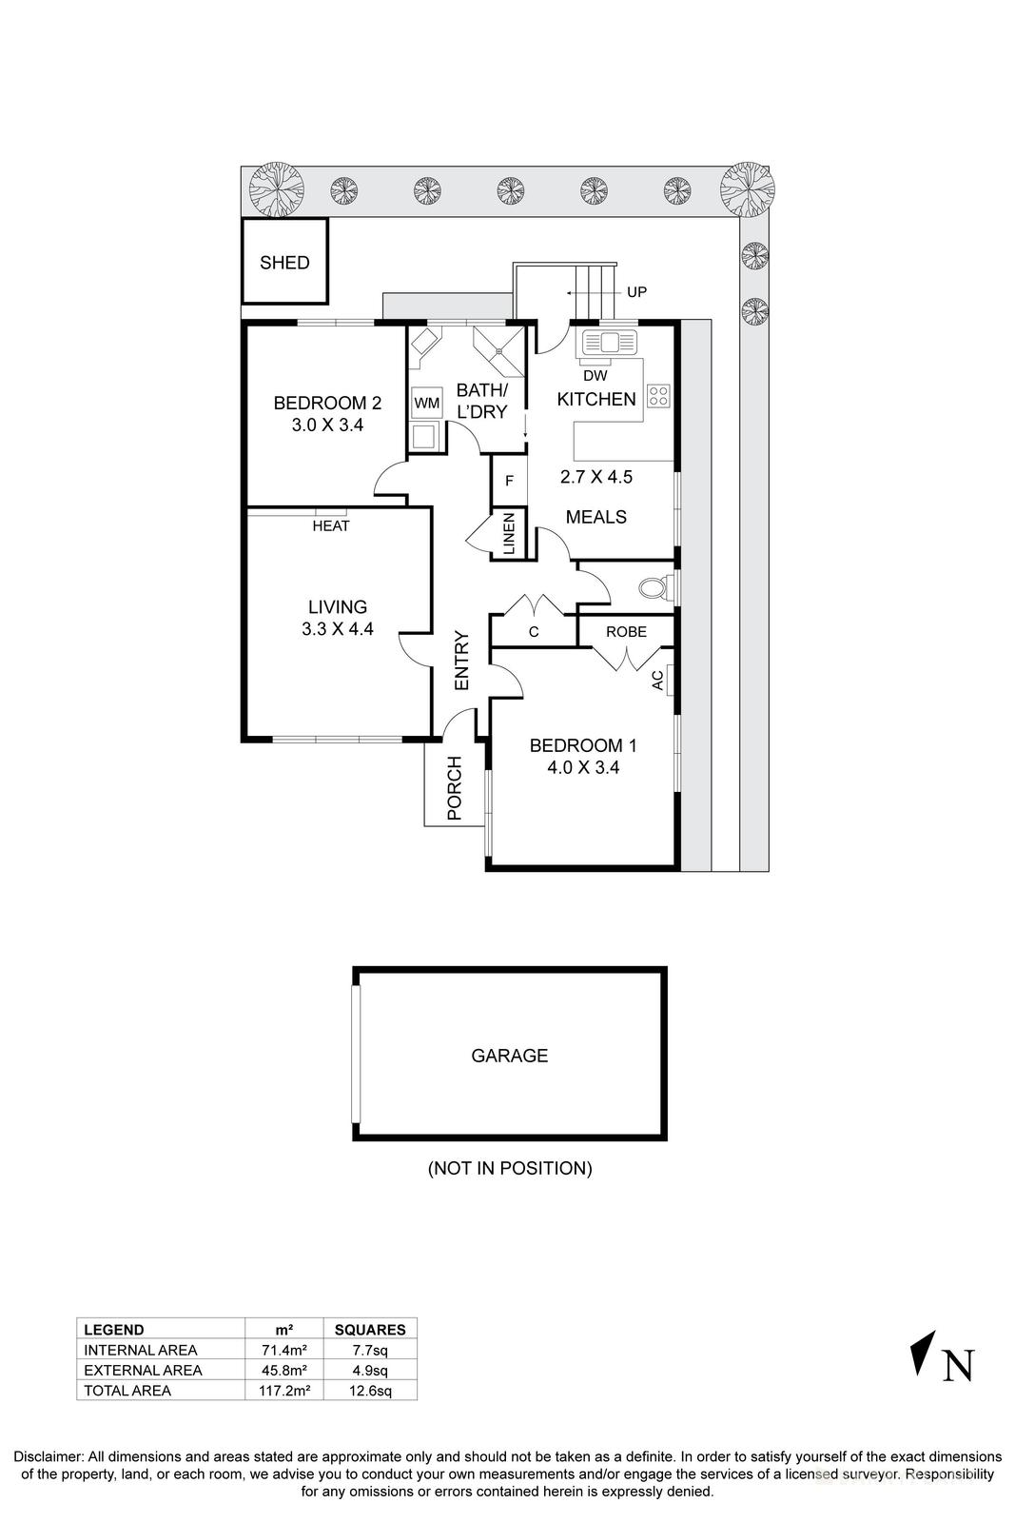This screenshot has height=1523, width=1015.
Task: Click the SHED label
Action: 284,263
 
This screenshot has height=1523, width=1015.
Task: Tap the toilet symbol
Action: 653,588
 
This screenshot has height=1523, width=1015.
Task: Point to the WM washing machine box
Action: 426,404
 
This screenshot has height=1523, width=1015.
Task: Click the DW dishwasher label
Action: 595,376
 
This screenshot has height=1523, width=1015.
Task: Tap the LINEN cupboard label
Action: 509,533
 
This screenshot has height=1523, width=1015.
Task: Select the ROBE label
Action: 626,631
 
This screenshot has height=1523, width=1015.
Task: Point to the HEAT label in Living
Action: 331,525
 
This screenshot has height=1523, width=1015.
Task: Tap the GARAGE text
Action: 510,1055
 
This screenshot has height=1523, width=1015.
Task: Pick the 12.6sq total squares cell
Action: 370,1390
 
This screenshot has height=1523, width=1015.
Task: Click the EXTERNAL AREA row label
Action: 143,1370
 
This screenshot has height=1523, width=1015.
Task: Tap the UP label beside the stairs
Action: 636,291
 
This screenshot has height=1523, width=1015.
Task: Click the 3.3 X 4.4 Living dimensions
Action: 338,628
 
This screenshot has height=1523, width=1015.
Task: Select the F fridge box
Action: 509,482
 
